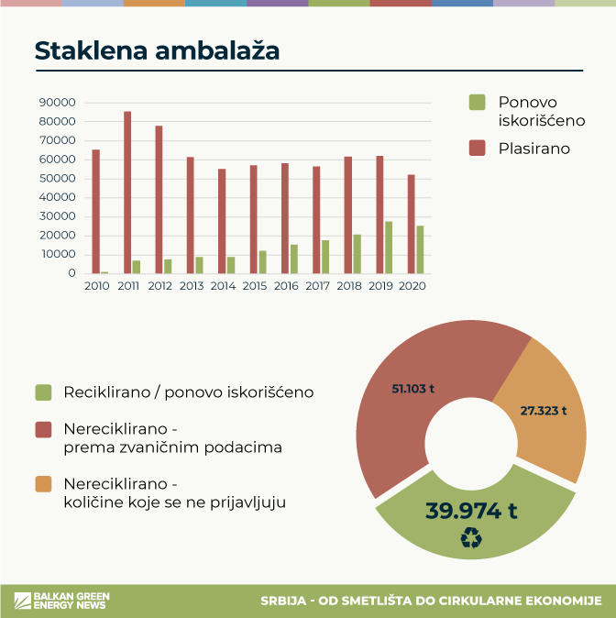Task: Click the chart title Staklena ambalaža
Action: tap(157, 51)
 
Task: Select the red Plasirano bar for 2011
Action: tap(127, 193)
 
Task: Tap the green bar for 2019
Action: tap(389, 248)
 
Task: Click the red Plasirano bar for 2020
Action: tap(411, 224)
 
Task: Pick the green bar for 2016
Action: tap(294, 259)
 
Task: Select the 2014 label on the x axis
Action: tap(222, 286)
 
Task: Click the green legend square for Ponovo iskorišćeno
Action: tap(477, 102)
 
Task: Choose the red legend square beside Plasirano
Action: tap(477, 148)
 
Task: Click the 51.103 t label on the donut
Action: tap(413, 389)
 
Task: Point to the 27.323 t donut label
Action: tap(544, 411)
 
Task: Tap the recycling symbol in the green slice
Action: tap(471, 539)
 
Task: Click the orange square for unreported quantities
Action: tap(43, 484)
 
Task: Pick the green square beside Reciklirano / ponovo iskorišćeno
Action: tap(43, 392)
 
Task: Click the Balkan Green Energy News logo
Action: tap(60, 601)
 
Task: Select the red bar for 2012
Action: tap(159, 200)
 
